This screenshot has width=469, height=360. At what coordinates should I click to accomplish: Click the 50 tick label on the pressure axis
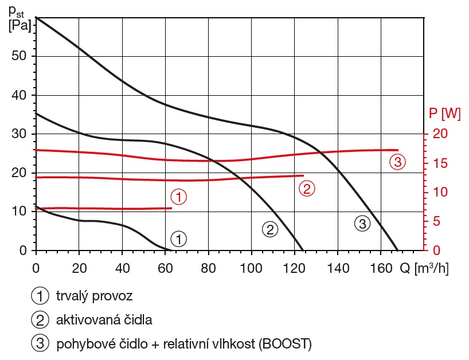(19, 56)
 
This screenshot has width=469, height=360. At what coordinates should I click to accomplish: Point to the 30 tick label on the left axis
(19, 134)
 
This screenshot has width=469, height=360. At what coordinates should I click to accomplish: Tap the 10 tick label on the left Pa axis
(19, 212)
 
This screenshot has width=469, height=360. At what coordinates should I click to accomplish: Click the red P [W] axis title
(445, 114)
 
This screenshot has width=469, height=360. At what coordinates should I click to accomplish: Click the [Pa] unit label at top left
(19, 25)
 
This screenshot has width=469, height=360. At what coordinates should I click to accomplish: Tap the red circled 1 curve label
(179, 197)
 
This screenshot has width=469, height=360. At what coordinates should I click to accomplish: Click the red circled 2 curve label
(307, 187)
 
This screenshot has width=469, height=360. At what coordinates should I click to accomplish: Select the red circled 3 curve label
(397, 161)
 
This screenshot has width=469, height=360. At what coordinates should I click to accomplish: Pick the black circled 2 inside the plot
(269, 229)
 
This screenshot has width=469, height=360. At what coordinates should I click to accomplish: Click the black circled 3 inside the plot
(361, 224)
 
